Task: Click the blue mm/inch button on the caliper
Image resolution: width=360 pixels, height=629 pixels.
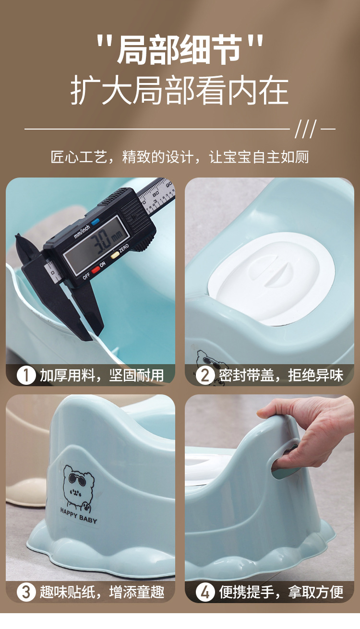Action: (96, 222)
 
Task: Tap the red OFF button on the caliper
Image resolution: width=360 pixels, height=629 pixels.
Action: (96, 269)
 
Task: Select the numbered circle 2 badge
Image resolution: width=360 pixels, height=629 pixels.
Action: (205, 375)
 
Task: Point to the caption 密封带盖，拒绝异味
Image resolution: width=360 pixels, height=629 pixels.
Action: (281, 375)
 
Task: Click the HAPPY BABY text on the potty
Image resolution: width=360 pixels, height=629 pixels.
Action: (79, 520)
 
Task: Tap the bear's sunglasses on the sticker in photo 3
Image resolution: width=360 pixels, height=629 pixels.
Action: (75, 478)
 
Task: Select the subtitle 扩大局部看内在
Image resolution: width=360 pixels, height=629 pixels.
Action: (180, 91)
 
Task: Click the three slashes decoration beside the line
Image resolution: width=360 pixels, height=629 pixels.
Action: (305, 129)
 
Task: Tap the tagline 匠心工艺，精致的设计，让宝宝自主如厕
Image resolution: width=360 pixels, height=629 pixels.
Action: (180, 157)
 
